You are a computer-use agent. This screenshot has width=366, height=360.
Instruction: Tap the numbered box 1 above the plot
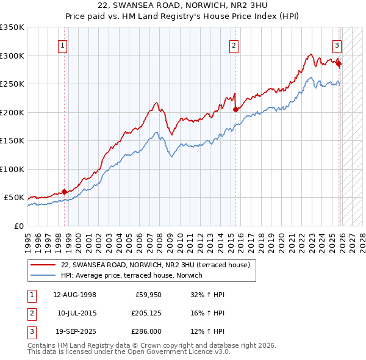pos(63,44)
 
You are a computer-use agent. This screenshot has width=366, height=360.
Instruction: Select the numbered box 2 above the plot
pos(234,44)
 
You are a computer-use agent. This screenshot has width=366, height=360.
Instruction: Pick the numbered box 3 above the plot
pos(337,44)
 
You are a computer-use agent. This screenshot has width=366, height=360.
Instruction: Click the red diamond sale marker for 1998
pos(64,192)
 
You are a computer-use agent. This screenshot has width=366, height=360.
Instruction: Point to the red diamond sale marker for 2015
pos(235,109)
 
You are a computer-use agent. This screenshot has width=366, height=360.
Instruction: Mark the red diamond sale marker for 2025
pos(339,63)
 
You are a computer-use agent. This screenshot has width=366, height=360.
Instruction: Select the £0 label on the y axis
pos(18,226)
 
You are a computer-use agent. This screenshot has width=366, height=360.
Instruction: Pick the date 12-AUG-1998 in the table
pos(74,295)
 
